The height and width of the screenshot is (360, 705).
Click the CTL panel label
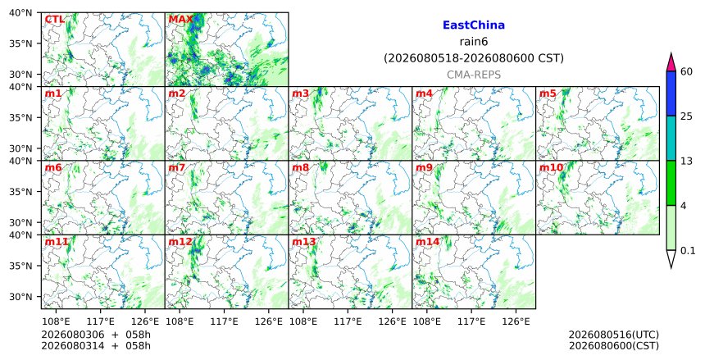pos(54,20)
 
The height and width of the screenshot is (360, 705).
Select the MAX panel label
pos(180,20)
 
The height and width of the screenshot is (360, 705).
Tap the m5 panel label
pos(548,93)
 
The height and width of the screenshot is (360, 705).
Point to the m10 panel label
pos(551,168)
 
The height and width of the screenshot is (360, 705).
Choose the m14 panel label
pos(427,242)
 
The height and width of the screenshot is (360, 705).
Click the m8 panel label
pos(300,168)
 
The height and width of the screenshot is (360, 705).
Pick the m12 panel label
pos(180,242)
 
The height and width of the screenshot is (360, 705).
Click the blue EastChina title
pos(474,25)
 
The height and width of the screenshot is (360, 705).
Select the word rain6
pos(474,42)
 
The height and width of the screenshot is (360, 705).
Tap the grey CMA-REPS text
pos(474,75)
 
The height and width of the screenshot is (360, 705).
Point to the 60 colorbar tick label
pos(686,71)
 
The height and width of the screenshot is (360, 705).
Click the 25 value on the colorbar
pos(686,116)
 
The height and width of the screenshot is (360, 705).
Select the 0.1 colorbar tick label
pos(688,251)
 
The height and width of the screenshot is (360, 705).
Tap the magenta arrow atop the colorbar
pos(671,62)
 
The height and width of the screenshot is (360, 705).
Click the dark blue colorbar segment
pos(671,93)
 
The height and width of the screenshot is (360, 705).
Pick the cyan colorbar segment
pos(671,138)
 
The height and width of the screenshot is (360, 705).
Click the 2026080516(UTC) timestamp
pos(614,335)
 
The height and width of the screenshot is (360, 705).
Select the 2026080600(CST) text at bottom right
pos(614,345)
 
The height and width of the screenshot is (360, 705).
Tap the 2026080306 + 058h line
pos(96,335)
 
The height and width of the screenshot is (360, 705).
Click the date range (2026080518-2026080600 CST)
pos(474,58)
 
